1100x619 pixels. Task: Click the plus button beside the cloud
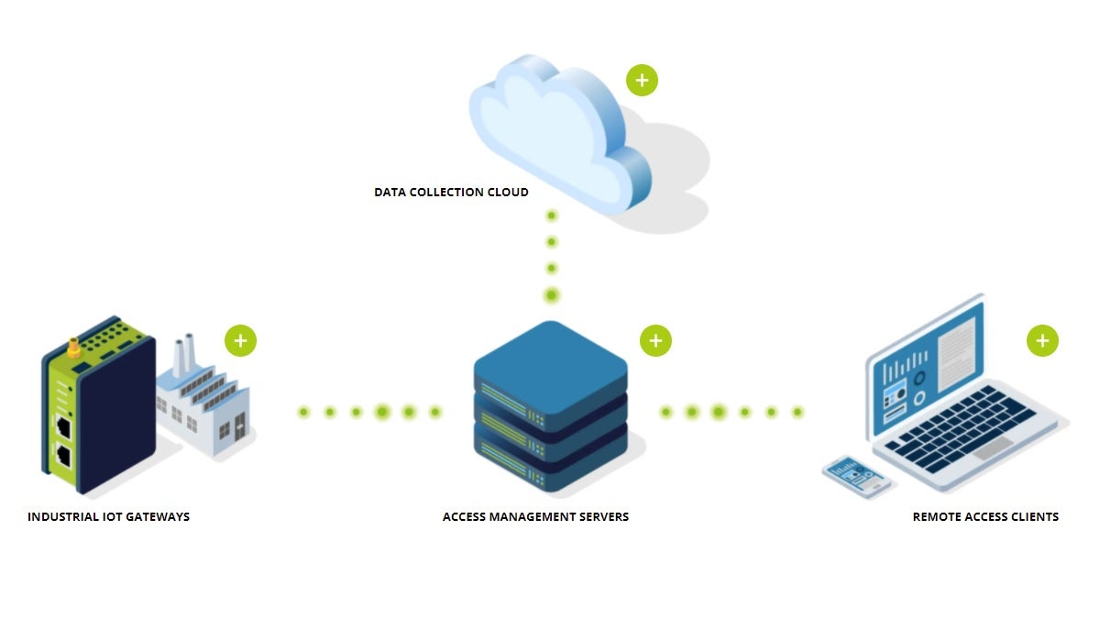point(642,81)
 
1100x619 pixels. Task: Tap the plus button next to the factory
point(240,340)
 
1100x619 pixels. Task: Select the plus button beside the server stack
point(655,340)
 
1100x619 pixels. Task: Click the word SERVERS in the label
point(605,517)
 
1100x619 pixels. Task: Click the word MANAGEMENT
point(532,517)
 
